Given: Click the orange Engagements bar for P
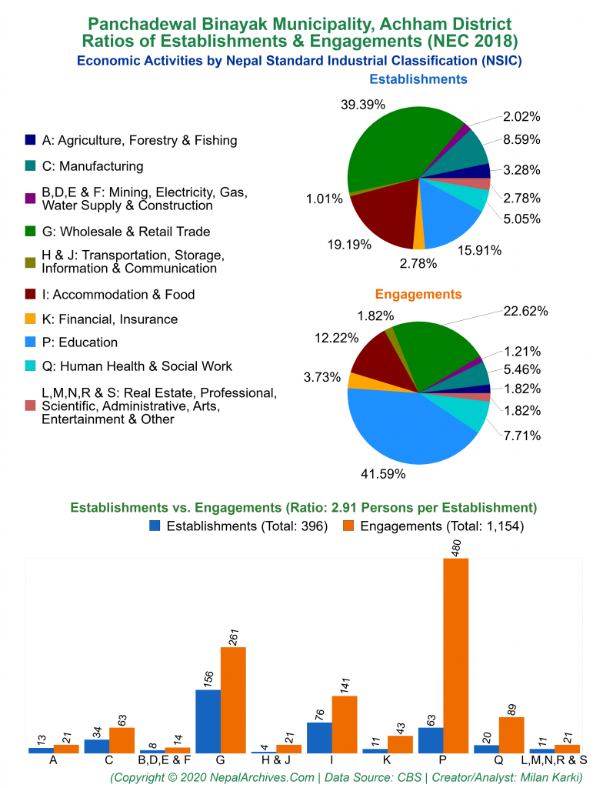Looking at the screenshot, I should point(455,655).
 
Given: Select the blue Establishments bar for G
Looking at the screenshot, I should point(208,721).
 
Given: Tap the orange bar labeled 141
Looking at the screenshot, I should point(344,724).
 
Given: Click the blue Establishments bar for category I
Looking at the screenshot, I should point(319,737).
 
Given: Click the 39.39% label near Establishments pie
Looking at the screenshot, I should point(362,104).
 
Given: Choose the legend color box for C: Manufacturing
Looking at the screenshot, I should point(30,165).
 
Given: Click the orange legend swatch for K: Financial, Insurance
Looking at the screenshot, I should point(30,319).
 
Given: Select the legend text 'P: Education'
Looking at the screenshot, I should point(79,342).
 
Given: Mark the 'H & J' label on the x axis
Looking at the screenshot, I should point(275,760).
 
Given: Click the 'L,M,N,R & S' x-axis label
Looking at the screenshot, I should point(554,760).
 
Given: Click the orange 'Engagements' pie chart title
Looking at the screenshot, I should point(418,294).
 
